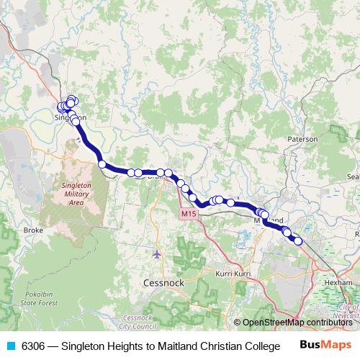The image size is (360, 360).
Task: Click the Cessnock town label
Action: [163, 283]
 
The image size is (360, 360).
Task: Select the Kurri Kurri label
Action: [233, 274]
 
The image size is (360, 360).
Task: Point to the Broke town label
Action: [34, 230]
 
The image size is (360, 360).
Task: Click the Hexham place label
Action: [338, 283]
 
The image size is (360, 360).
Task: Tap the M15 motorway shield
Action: [188, 214]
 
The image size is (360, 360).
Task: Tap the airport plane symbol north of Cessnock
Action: [158, 253]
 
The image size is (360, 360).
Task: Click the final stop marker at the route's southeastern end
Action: [298, 241]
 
